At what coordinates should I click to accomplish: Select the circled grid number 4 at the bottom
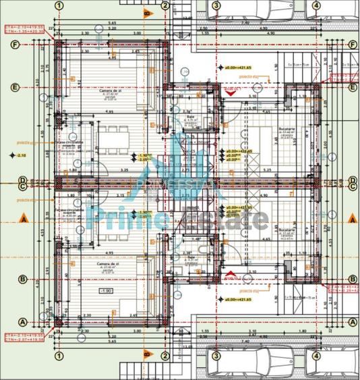[316, 355]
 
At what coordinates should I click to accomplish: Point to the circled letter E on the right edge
[353, 88]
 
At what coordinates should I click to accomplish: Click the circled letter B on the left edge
[22, 279]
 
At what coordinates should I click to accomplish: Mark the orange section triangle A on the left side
[22, 219]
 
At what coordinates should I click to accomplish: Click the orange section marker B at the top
[146, 12]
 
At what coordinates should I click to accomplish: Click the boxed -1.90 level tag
[105, 291]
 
